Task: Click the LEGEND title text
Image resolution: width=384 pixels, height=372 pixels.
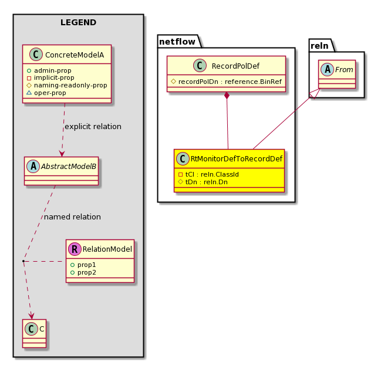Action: (x=78, y=22)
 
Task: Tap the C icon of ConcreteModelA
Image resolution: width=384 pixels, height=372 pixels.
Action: (x=36, y=55)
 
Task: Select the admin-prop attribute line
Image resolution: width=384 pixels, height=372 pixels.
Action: (x=49, y=70)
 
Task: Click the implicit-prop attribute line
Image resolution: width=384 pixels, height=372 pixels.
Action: (x=50, y=78)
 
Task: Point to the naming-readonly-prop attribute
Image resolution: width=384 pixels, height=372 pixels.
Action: (x=67, y=85)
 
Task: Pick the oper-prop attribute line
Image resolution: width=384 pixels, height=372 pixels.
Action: (x=46, y=93)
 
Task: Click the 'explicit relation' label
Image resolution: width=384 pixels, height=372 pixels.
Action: (x=93, y=127)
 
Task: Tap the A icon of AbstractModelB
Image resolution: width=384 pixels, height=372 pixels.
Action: (x=33, y=167)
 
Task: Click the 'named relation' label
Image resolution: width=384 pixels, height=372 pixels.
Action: (x=72, y=217)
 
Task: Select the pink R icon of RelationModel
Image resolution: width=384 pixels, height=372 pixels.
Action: (x=75, y=249)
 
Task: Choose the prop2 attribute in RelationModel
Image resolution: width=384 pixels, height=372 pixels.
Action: (x=83, y=272)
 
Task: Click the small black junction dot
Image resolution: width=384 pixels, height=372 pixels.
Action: (x=23, y=261)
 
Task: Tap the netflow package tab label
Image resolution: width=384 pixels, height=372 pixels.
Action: (x=177, y=42)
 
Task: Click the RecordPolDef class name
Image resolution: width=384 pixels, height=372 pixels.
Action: (x=235, y=66)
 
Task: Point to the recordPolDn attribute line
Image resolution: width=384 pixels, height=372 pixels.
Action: (x=226, y=82)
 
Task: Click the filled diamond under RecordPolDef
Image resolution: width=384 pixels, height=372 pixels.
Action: (x=227, y=96)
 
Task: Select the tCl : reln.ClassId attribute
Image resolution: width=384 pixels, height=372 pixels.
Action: (x=208, y=174)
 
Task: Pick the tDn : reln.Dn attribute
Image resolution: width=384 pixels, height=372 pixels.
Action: (x=203, y=182)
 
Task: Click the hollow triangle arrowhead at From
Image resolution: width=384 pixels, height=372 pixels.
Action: (x=315, y=93)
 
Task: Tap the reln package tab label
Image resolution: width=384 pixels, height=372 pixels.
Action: (x=319, y=46)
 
